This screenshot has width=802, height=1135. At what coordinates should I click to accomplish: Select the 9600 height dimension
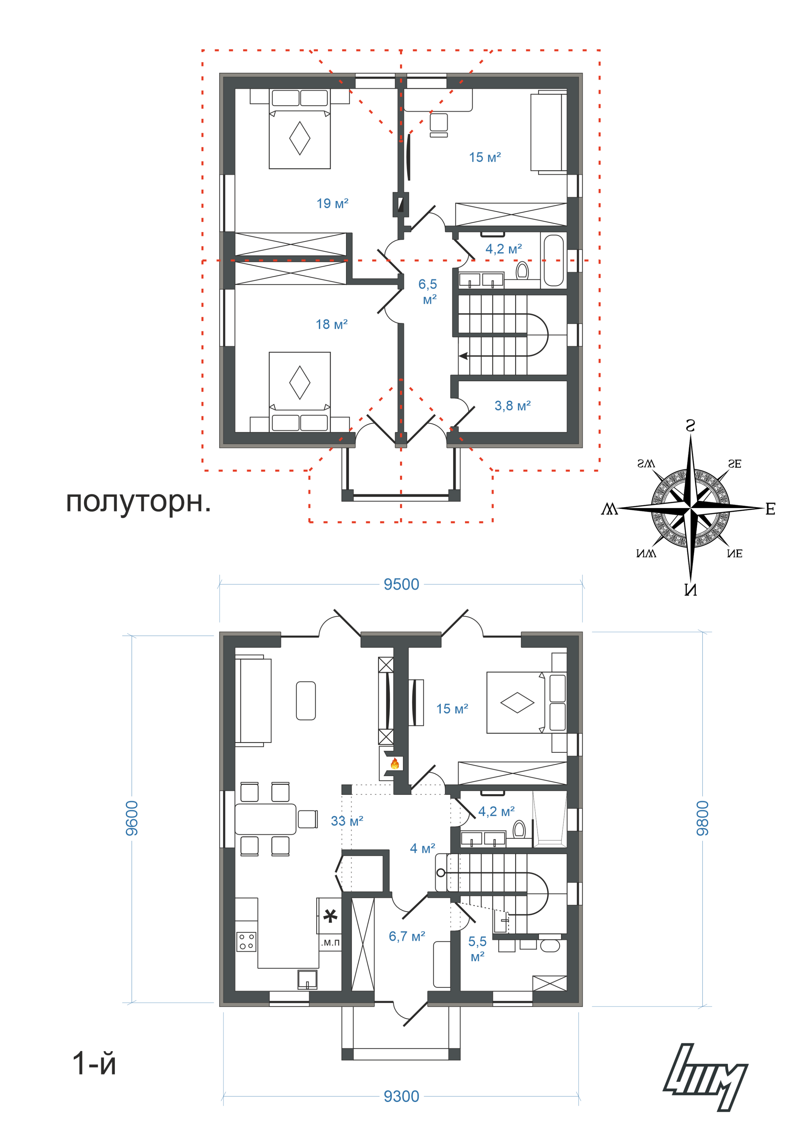(132, 818)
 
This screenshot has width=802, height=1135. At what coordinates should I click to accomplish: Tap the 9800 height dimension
(702, 818)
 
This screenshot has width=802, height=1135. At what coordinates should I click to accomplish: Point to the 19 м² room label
(333, 203)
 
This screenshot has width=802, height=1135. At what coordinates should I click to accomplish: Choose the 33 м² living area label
(347, 821)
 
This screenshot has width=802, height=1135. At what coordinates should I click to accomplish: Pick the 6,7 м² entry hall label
(407, 936)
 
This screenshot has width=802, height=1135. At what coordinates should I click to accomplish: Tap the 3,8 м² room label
(512, 406)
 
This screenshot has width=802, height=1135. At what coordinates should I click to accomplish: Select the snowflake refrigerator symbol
(330, 916)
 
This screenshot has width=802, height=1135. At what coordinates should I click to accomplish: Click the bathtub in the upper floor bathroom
(553, 260)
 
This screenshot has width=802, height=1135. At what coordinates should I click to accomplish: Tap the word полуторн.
(138, 502)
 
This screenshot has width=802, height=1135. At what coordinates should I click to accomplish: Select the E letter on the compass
(770, 509)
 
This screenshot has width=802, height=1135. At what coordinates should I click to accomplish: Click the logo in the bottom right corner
(705, 1078)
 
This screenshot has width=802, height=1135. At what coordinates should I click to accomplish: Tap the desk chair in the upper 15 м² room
(438, 125)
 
